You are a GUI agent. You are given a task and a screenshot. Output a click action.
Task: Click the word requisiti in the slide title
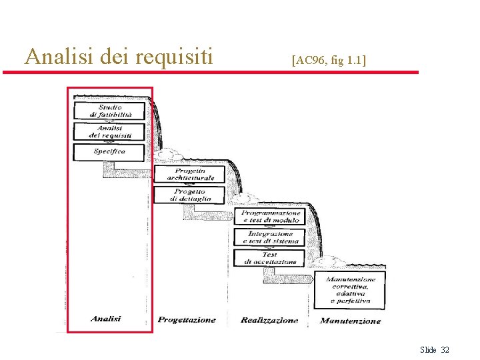tap(174, 57)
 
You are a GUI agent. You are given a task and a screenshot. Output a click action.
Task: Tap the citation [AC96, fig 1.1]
tap(329, 61)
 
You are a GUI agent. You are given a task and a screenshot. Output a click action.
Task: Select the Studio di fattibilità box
tap(110, 111)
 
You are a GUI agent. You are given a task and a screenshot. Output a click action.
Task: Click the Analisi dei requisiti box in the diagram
tap(110, 131)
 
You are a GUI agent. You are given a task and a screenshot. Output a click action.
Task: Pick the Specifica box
tap(110, 152)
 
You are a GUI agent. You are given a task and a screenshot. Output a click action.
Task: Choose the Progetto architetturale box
tap(191, 174)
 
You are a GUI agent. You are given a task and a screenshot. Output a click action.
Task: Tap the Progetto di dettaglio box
tap(191, 195)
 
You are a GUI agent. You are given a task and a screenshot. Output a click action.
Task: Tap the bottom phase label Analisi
tap(106, 319)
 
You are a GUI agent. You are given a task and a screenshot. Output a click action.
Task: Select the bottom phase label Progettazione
tap(187, 320)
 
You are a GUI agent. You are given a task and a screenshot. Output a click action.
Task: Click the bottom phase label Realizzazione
tap(269, 321)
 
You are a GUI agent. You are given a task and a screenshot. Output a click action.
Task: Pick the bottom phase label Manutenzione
tap(351, 321)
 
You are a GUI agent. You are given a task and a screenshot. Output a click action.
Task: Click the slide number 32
tap(445, 350)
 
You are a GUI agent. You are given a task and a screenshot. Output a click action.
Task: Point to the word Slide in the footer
tap(428, 350)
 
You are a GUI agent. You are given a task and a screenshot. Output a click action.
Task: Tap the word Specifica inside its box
tap(110, 152)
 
